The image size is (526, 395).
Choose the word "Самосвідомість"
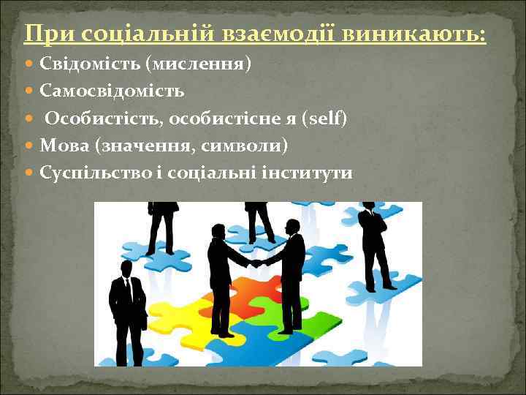coord(112,91)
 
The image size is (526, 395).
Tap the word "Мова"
coord(64,146)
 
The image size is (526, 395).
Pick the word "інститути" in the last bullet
coord(316,173)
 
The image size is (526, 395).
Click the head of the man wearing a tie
coord(126,268)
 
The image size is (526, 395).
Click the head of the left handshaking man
coord(218,231)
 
